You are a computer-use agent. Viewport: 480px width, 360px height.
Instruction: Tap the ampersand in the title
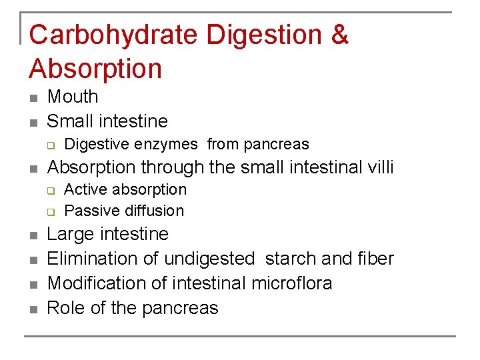[x=339, y=35]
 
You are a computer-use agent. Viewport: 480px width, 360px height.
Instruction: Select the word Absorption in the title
[x=96, y=69]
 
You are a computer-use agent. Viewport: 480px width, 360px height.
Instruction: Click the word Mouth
[x=73, y=97]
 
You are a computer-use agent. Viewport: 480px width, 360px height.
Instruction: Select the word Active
[x=85, y=189]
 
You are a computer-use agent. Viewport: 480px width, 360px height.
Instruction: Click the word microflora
[x=291, y=283]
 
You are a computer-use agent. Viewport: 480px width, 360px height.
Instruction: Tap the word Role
[x=64, y=308]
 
